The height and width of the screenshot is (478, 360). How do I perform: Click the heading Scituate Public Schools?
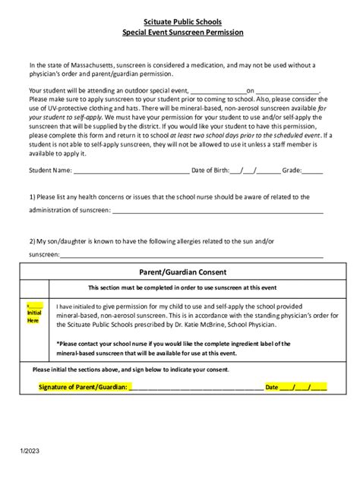(x=179, y=23)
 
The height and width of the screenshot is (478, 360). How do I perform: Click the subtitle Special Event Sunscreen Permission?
(x=179, y=34)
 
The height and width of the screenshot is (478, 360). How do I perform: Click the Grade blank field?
(x=312, y=171)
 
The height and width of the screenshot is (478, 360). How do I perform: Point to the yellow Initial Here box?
(x=34, y=313)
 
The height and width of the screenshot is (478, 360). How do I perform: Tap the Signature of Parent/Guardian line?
(x=196, y=387)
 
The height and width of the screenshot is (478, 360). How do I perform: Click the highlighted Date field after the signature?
(x=302, y=387)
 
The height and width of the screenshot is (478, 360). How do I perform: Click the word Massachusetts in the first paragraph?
(x=83, y=66)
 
